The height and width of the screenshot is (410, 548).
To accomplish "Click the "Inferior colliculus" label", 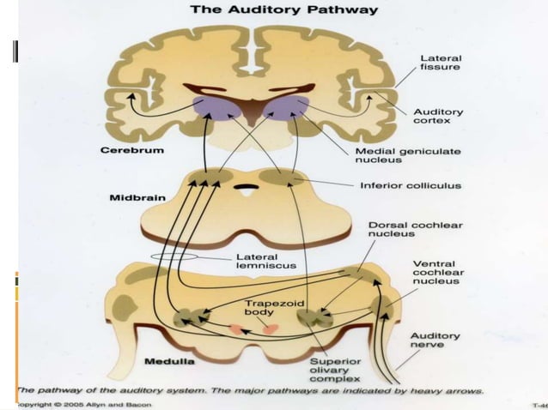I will click(409, 184).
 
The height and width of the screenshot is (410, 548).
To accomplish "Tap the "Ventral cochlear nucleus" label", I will click(437, 272).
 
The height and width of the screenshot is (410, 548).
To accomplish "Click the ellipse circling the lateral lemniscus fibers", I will click(177, 257).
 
